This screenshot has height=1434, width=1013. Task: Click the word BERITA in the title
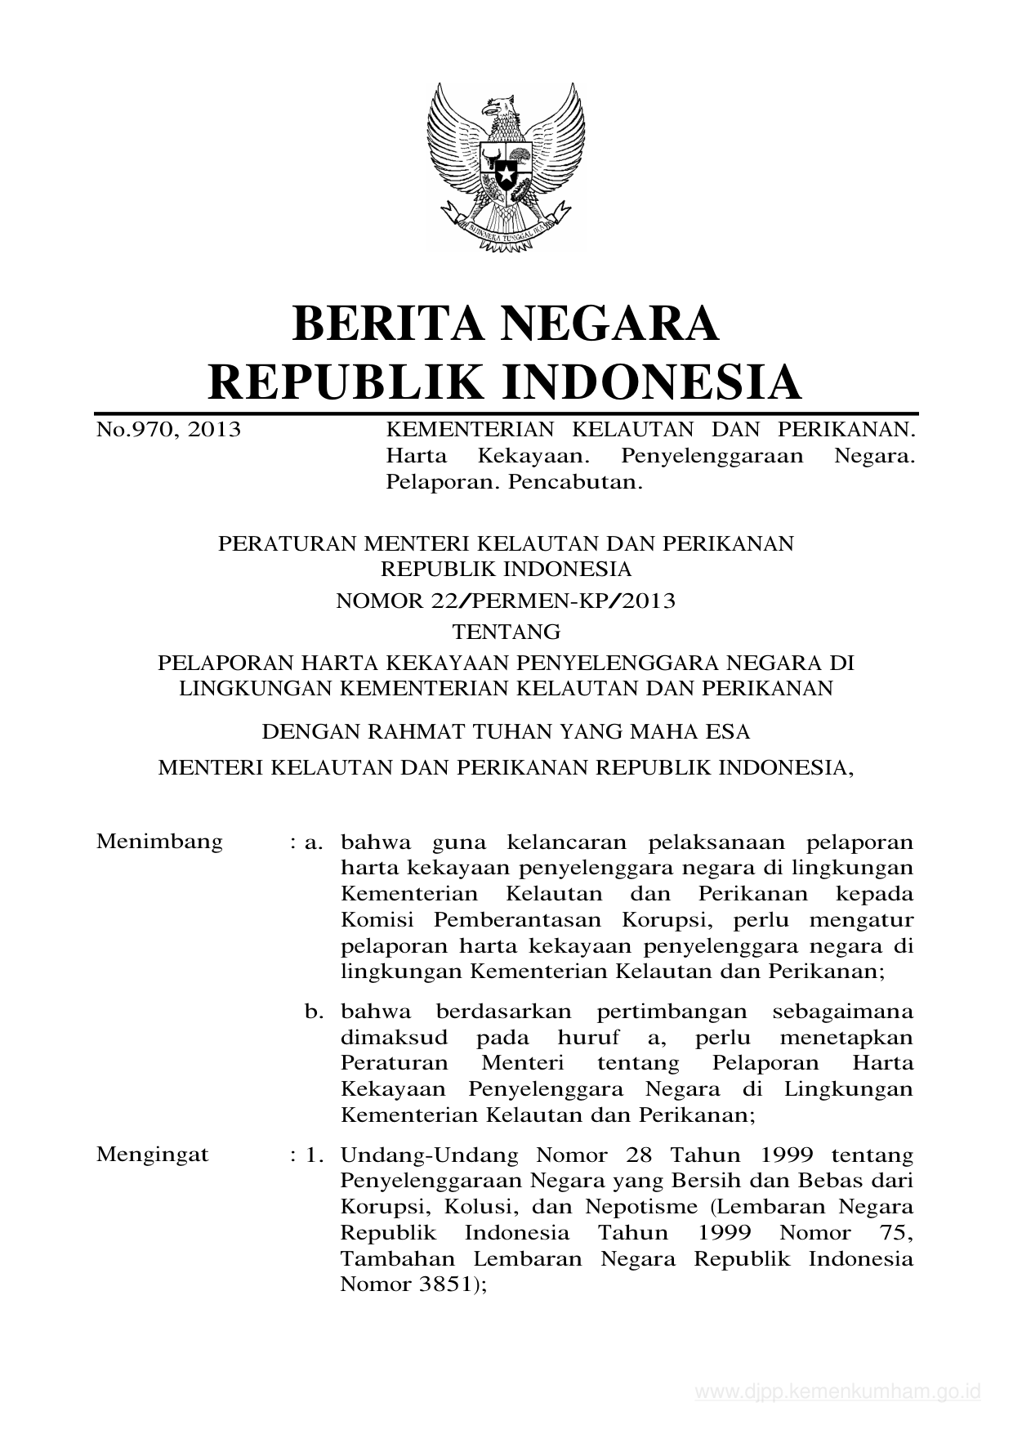tap(384, 324)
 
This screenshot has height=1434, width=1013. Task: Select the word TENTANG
tap(506, 632)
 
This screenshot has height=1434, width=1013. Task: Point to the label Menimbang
tap(159, 842)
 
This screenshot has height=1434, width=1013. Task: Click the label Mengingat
tap(153, 1155)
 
